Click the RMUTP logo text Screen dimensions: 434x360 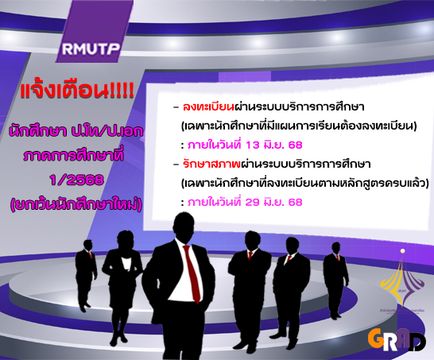91,48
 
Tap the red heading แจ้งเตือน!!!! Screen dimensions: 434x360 77,91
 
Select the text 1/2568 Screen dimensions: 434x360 76,180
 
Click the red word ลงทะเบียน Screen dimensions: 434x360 208,106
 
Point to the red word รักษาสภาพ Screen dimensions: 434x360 211,164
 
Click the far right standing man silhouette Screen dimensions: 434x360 335,280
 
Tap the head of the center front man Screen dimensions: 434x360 184,227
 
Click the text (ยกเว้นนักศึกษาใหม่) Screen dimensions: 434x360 76,205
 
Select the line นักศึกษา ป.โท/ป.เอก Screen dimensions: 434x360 76,131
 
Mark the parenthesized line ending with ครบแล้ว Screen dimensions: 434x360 304,184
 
